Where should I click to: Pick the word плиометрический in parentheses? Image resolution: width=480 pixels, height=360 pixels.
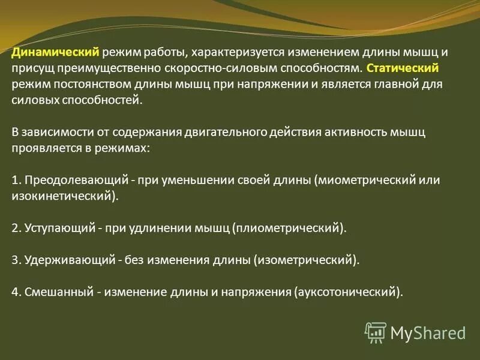pos(289,228)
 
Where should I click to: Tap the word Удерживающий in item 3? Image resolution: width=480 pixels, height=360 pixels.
pos(67,260)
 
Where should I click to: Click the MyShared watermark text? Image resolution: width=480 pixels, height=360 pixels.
pos(428,332)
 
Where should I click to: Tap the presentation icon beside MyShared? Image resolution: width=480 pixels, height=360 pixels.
pos(376,332)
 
